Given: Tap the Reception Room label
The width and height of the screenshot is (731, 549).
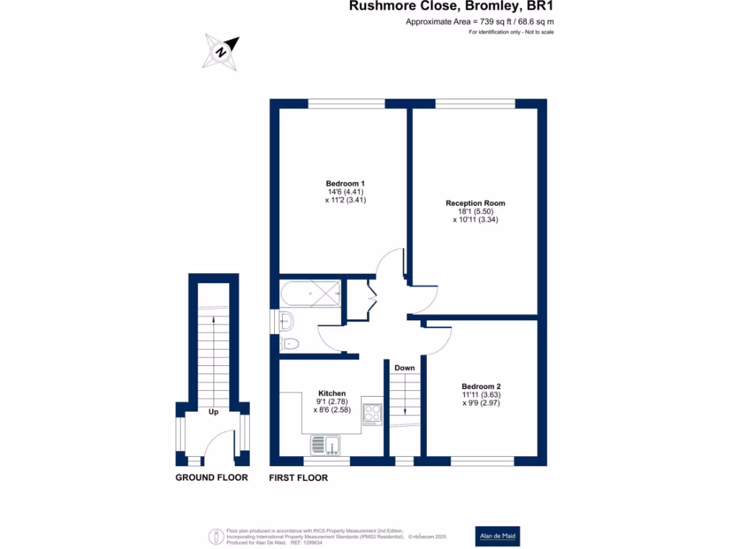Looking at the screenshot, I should (475, 203).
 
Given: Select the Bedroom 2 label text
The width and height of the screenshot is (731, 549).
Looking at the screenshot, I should (485, 386).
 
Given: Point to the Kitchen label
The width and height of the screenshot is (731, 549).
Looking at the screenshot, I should (332, 393).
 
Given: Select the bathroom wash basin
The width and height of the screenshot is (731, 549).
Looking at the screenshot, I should (286, 320).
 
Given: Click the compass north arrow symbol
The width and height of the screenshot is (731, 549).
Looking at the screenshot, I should (221, 51).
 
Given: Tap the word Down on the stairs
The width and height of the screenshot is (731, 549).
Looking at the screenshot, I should (405, 368).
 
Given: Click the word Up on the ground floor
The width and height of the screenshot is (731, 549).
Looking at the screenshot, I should (213, 412).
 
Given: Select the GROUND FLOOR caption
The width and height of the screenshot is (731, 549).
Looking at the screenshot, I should (212, 478).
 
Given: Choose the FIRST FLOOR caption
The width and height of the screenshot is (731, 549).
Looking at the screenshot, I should (298, 478).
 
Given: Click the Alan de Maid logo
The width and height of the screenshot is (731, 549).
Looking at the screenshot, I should (498, 536).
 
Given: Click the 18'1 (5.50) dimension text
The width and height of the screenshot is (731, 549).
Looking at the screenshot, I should (475, 212).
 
